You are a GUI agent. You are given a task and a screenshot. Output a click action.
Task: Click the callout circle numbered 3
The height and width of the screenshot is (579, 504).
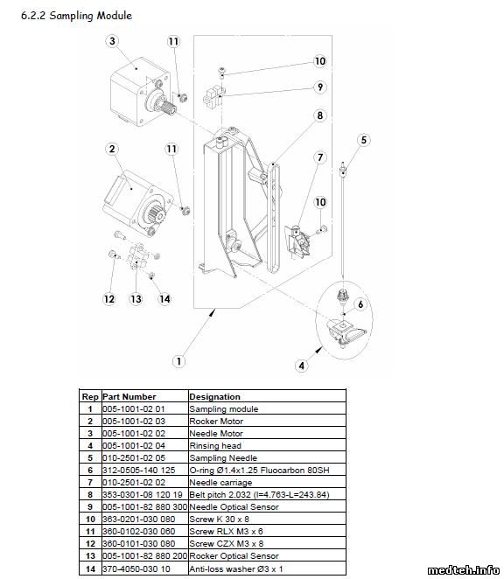coord(112,40)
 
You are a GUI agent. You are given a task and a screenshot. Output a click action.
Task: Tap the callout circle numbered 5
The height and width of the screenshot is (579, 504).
coord(364,140)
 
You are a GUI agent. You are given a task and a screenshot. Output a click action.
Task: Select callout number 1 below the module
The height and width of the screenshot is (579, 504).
coord(178,360)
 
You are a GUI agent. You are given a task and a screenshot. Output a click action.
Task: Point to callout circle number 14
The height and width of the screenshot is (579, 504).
coord(164,299)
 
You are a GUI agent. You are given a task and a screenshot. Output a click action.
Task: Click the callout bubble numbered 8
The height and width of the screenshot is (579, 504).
coord(320,115)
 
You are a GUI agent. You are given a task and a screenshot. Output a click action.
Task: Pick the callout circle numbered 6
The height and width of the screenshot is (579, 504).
coord(360,304)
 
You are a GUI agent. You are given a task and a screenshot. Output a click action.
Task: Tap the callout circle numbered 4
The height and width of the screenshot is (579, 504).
coord(302,366)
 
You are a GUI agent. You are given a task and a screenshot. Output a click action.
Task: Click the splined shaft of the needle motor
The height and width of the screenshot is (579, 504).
coord(170,108)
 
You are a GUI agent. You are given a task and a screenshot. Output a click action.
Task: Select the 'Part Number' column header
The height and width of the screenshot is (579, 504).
coord(129,396)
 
